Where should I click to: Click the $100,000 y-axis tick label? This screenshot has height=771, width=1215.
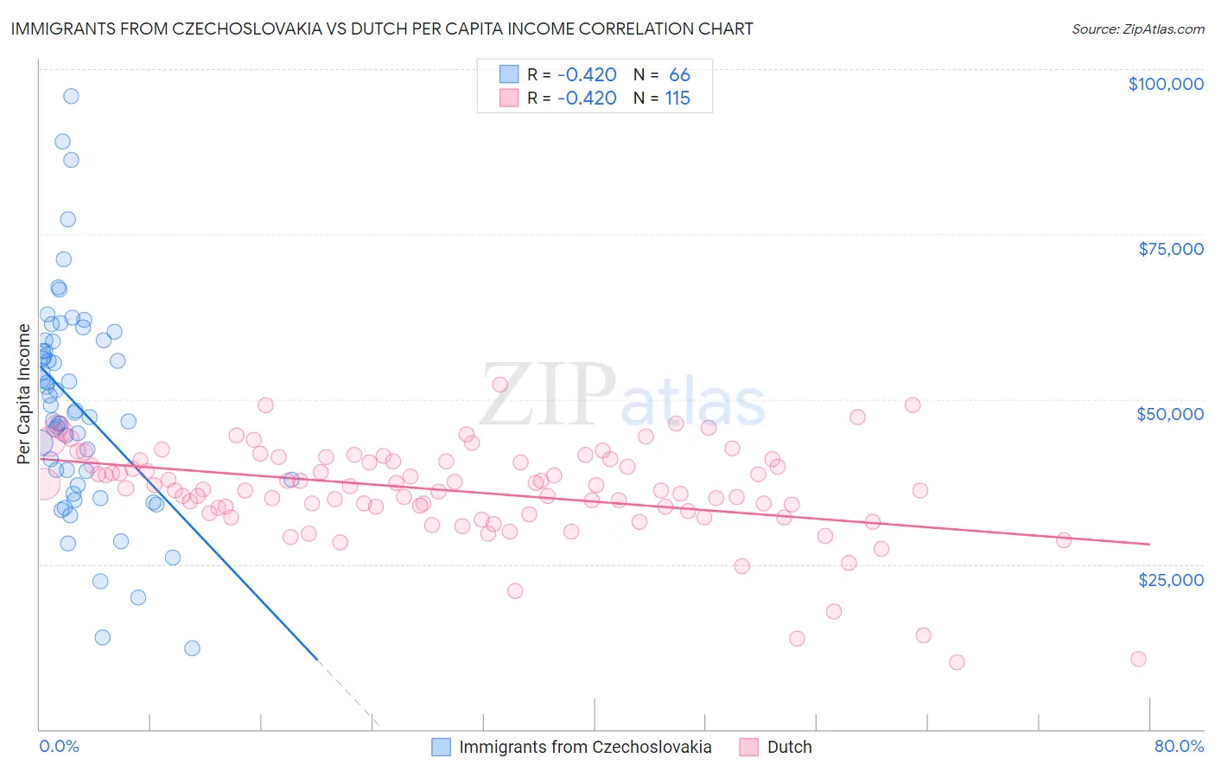[x=1166, y=84]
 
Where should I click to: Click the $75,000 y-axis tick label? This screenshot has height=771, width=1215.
[x=1171, y=249]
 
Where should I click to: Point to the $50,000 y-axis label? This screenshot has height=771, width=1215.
[x=1170, y=414]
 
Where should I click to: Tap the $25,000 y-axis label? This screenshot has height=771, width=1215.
[x=1171, y=579]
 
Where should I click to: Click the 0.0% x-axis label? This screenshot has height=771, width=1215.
[x=59, y=746]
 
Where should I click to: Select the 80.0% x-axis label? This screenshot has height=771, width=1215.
[x=1179, y=746]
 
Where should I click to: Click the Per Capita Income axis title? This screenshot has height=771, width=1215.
[x=24, y=393]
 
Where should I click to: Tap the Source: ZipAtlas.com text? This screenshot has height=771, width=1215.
[x=1137, y=29]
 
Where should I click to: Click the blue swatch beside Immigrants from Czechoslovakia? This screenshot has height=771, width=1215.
[x=441, y=747]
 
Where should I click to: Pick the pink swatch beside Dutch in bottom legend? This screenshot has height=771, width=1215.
[x=748, y=747]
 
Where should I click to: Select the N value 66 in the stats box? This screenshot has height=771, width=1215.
[x=679, y=74]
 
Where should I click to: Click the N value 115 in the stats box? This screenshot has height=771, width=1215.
[x=677, y=99]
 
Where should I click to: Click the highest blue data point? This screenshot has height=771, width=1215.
[x=71, y=96]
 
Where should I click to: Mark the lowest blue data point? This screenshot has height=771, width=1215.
[x=192, y=648]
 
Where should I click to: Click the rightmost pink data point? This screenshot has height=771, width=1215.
[x=1138, y=659]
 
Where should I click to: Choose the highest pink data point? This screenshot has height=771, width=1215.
[x=499, y=384]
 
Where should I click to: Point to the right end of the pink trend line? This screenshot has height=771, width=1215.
[x=1149, y=544]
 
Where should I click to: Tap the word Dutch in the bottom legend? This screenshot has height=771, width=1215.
[x=789, y=747]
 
